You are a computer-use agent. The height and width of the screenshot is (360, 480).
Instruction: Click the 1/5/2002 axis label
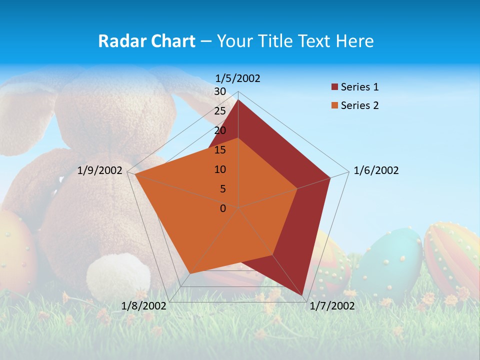click(x=238, y=78)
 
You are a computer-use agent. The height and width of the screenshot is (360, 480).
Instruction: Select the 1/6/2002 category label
click(x=376, y=170)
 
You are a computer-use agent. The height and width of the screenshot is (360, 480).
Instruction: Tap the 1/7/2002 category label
click(x=332, y=306)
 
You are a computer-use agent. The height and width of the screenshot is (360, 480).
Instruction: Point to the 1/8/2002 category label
click(x=144, y=306)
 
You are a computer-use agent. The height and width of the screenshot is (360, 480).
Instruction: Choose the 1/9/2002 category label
click(x=100, y=170)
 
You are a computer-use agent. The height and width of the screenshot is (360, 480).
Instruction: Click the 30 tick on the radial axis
click(x=220, y=91)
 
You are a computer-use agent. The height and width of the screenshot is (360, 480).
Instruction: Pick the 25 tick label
click(x=220, y=111)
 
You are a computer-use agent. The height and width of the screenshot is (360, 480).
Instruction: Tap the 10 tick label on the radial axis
click(x=220, y=169)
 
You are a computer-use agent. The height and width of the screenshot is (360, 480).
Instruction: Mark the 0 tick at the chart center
click(x=223, y=208)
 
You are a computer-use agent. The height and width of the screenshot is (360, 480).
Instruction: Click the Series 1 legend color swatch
click(x=335, y=87)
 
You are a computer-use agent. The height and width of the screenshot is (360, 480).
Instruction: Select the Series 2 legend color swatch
click(x=335, y=105)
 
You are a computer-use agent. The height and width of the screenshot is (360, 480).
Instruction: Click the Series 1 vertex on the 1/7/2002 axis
click(x=302, y=295)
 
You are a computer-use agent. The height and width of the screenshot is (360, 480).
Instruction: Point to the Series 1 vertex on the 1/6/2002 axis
click(x=330, y=177)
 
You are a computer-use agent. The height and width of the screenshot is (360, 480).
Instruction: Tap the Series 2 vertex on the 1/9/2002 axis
click(x=135, y=174)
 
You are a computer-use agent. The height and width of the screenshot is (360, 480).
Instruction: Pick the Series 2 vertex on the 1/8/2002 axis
click(x=190, y=273)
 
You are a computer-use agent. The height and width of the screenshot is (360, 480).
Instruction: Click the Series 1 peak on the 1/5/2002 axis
click(x=238, y=99)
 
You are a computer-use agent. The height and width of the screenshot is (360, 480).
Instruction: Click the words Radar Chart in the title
click(x=146, y=41)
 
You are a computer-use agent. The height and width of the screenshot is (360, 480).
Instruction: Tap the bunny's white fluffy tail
click(x=118, y=276)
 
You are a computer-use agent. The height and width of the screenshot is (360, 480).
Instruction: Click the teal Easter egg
click(x=392, y=262)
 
